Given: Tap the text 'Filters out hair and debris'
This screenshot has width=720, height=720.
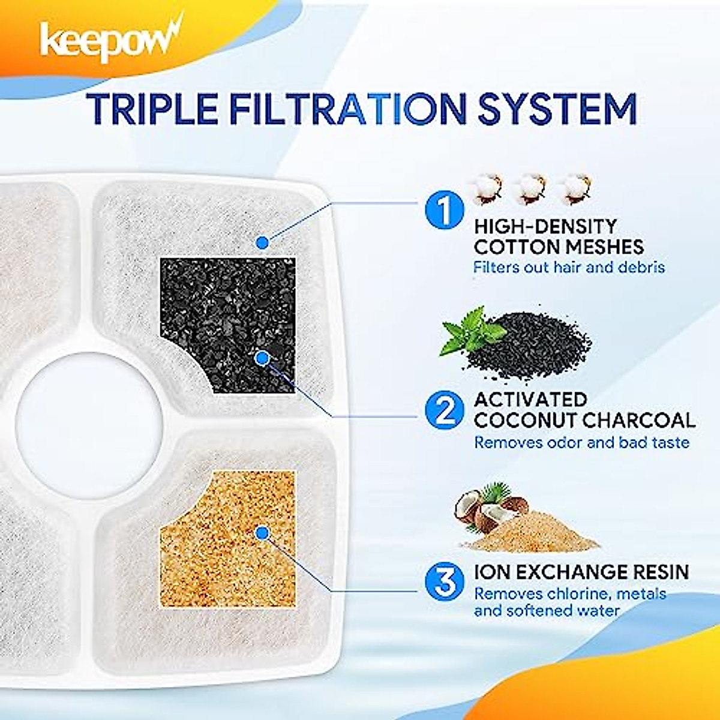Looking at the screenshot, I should pos(569,266).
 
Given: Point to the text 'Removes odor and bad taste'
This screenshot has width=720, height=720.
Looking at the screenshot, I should pos(581,442).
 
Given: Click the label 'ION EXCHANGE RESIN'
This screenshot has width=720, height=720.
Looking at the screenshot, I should pos(581,571).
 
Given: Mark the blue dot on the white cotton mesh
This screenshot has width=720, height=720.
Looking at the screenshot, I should pos(262,242).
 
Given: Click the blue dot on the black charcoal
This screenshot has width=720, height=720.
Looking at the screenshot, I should pos(261,358).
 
